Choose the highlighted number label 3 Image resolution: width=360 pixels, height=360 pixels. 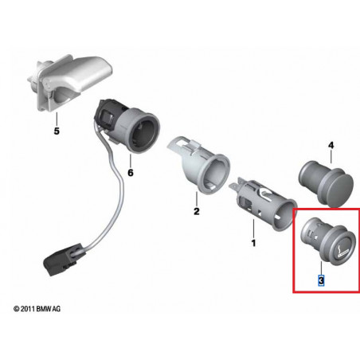[x=321, y=280]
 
